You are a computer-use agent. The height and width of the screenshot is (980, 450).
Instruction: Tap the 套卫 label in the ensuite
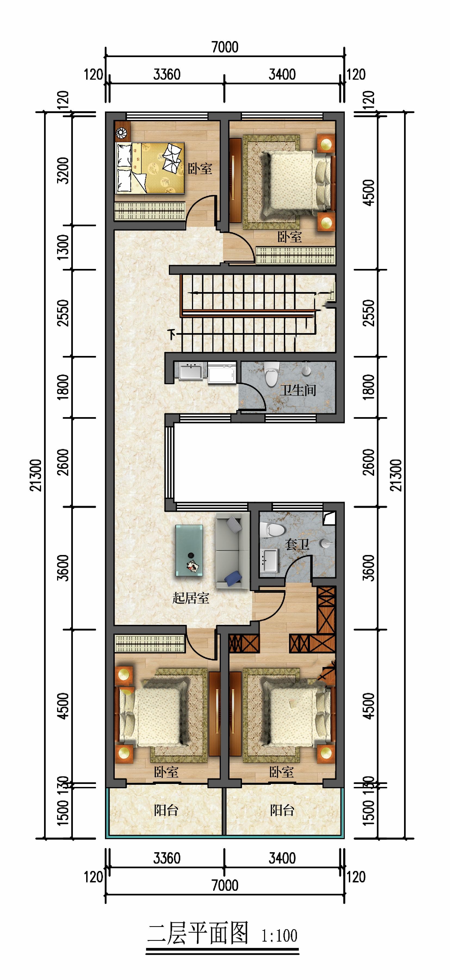pyautogui.click(x=297, y=544)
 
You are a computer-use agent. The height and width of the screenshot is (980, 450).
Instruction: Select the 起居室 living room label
pyautogui.click(x=191, y=598)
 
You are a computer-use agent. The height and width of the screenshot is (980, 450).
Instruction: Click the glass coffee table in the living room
pyautogui.click(x=189, y=550)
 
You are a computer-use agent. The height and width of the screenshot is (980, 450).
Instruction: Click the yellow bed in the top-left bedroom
pyautogui.click(x=150, y=168)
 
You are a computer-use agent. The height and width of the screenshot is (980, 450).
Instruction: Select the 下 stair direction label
pyautogui.click(x=172, y=335)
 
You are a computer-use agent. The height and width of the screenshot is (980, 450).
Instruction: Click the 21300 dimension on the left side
pyautogui.click(x=35, y=476)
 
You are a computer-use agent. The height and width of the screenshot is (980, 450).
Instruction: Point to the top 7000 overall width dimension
pyautogui.click(x=225, y=47)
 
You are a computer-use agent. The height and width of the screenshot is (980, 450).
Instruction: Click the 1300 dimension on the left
pyautogui.click(x=63, y=247)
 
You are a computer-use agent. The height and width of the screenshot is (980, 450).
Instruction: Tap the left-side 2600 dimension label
pyautogui.click(x=63, y=462)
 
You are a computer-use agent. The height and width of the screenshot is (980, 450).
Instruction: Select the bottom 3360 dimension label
pyautogui.click(x=167, y=858)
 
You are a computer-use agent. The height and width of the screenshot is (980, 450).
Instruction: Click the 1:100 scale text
pyautogui.click(x=279, y=936)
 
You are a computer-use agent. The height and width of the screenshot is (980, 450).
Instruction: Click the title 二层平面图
pyautogui.click(x=198, y=933)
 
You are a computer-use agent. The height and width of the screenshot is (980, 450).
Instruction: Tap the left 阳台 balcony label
pyautogui.click(x=166, y=810)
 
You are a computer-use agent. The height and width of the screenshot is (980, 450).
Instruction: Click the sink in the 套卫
pyautogui.click(x=270, y=560)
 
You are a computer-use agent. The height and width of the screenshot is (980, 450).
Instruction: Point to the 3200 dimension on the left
pyautogui.click(x=63, y=170)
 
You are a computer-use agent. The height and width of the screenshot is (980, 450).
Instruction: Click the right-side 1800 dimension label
pyautogui.click(x=369, y=387)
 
